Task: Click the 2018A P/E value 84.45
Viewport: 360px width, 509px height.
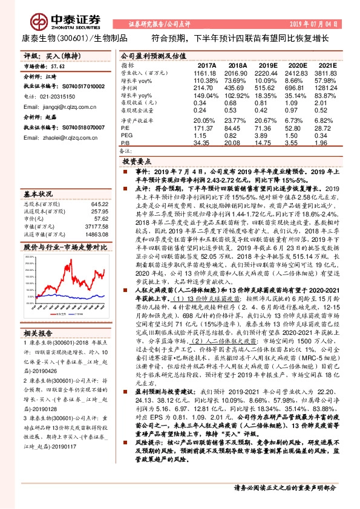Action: coord(238,128)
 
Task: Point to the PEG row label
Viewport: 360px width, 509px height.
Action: coord(126,135)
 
